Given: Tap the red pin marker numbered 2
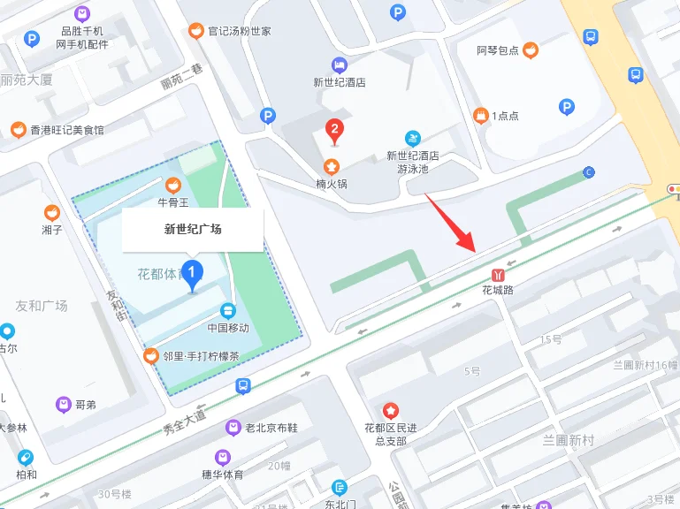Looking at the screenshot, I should (x=334, y=131).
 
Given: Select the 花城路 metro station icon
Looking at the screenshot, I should (x=498, y=274).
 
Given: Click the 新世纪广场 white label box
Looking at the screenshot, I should (x=193, y=230).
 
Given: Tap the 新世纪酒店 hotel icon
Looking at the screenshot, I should (x=340, y=65).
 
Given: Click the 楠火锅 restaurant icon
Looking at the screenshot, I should (x=331, y=166).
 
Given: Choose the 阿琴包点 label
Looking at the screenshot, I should (x=498, y=50).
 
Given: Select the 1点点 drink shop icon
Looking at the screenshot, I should (x=481, y=115).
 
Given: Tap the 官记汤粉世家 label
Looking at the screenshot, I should (x=239, y=31).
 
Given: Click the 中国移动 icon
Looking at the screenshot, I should (x=228, y=311).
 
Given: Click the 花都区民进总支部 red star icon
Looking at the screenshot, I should (x=390, y=411).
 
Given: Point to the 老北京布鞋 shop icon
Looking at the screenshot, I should (x=233, y=428).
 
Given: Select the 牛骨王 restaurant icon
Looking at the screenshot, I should (x=173, y=185).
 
